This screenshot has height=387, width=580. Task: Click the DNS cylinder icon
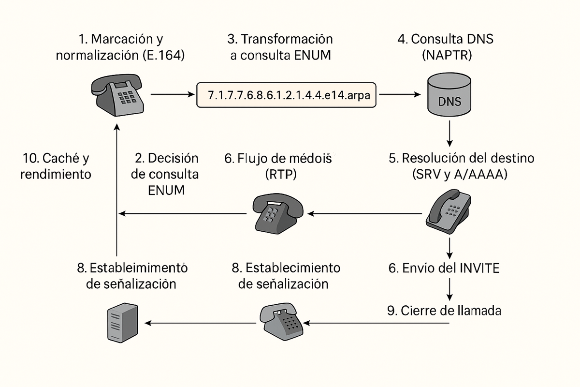tap(450, 95)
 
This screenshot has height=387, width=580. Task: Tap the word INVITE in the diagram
tap(478, 268)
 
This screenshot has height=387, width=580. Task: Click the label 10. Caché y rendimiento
tap(56, 166)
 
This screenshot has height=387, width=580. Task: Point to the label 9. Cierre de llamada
tap(444, 311)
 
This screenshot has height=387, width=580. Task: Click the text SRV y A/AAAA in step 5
tap(460, 175)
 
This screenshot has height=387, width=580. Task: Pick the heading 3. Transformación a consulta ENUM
tap(280, 47)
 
